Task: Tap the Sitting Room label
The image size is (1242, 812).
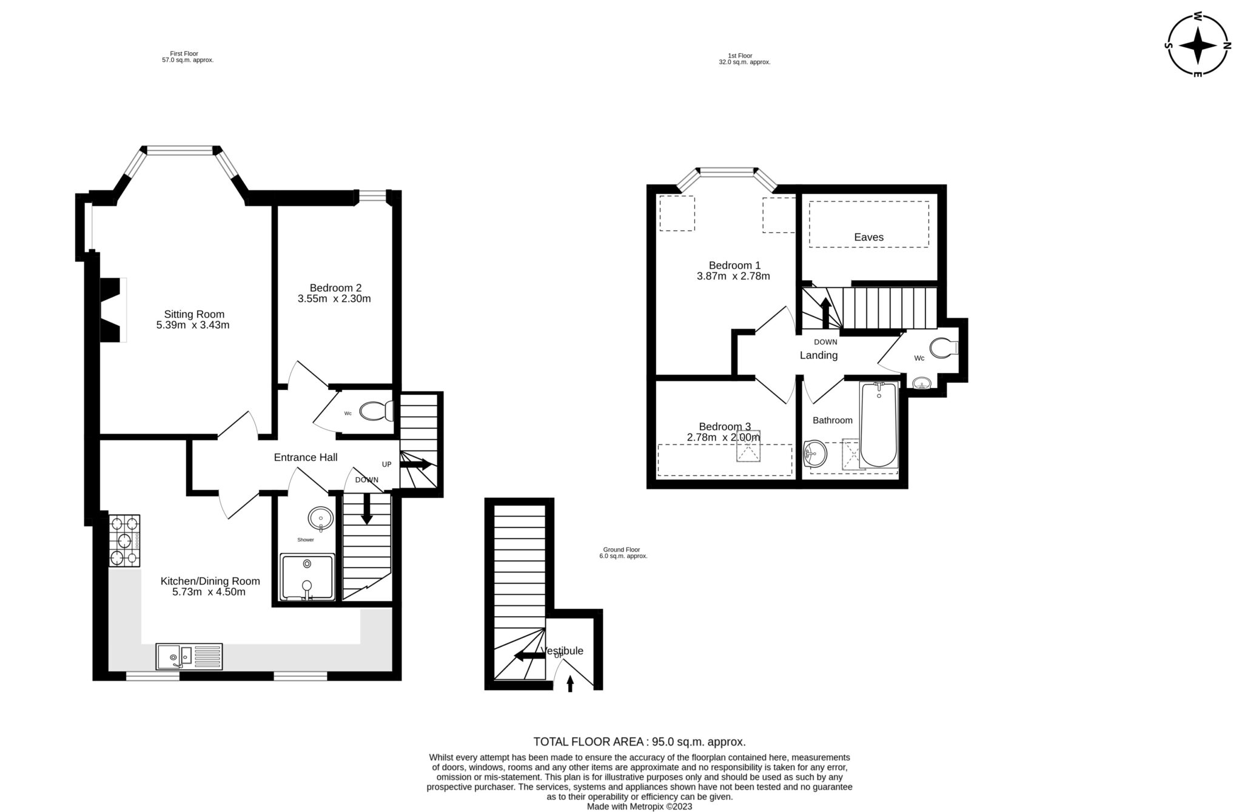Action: (194, 314)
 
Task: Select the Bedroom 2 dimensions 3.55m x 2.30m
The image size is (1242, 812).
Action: (334, 298)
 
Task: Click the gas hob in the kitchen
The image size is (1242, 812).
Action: (124, 540)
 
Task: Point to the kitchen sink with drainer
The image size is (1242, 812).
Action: (189, 656)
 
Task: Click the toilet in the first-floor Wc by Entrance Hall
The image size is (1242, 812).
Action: (376, 412)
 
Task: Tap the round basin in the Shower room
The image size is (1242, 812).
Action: (320, 518)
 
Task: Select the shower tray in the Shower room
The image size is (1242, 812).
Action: (307, 577)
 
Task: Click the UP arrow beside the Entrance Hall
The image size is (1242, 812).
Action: (416, 465)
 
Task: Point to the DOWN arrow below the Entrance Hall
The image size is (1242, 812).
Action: (367, 508)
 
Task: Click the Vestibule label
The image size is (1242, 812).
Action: (563, 651)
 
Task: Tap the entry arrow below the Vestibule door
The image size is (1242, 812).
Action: (569, 683)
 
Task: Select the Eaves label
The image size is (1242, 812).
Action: (868, 237)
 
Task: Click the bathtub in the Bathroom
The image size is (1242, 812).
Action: (878, 424)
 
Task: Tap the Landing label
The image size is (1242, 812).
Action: (818, 355)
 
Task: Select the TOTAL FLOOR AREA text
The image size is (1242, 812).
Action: (639, 741)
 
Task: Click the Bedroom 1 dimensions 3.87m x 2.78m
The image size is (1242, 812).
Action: (733, 276)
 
